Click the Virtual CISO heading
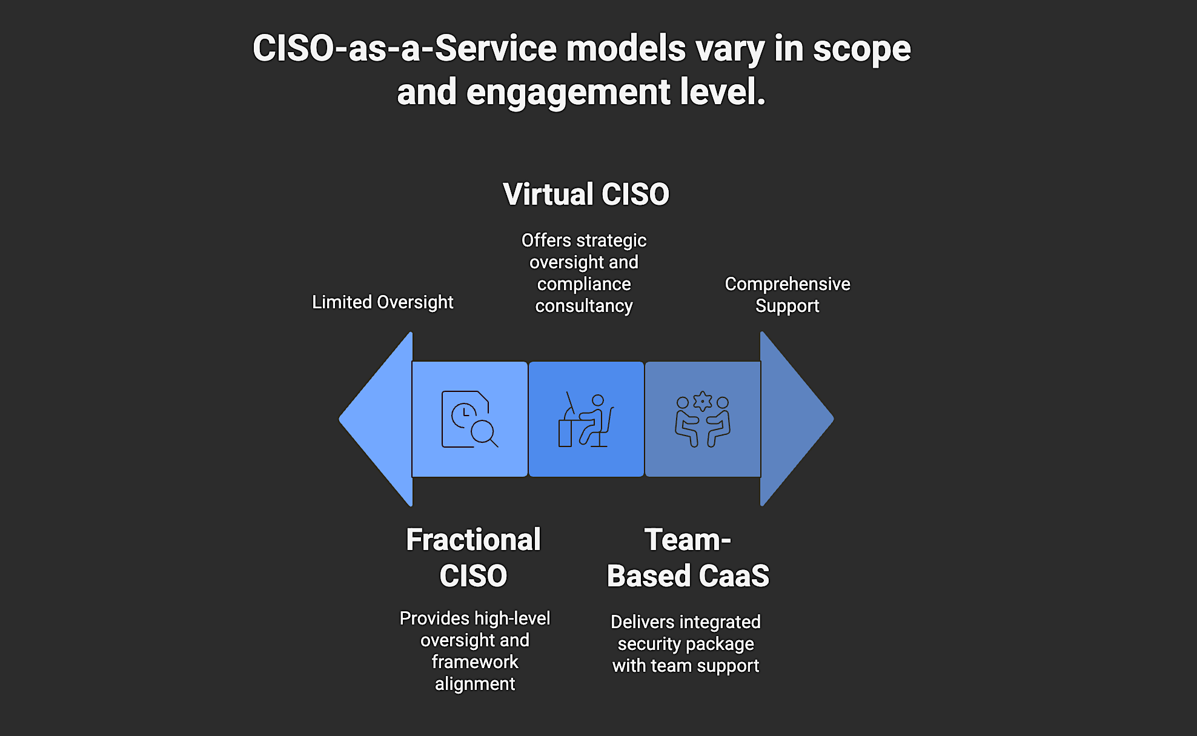point(586,194)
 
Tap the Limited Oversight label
point(382,302)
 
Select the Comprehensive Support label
point(787,295)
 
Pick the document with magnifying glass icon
point(469,419)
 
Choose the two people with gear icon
point(703,419)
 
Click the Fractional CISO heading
point(473,557)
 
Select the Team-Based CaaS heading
point(688,557)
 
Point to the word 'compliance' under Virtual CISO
point(584,284)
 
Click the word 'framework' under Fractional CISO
point(475,662)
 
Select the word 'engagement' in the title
point(568,92)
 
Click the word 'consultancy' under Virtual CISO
point(584,306)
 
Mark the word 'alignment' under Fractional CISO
point(475,684)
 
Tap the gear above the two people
point(703,401)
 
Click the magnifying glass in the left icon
point(484,433)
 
